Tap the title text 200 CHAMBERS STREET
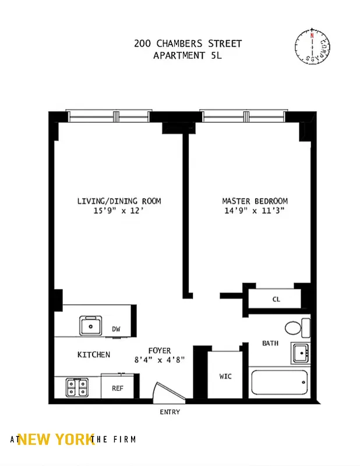(x=188, y=44)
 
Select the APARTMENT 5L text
(x=188, y=56)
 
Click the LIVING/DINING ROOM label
(x=119, y=201)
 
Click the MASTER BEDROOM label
(x=255, y=201)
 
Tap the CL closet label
(x=276, y=299)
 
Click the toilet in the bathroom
(x=296, y=328)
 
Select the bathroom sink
(x=300, y=352)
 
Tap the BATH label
(x=270, y=343)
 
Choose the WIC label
(x=225, y=376)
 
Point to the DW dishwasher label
(x=117, y=329)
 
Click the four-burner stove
(x=77, y=387)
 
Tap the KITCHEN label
(x=93, y=354)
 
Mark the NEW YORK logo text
(x=56, y=440)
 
